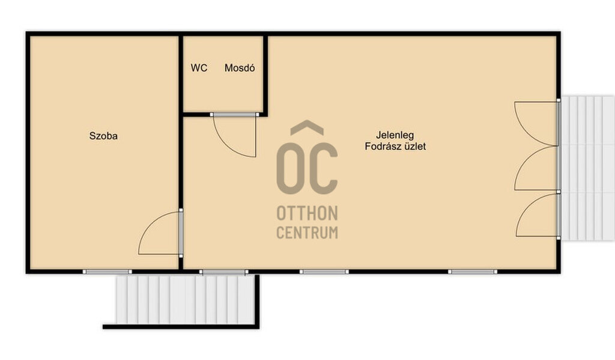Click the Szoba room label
[103, 136]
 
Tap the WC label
[199, 68]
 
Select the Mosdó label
[240, 68]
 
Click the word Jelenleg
[395, 135]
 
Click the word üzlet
[413, 147]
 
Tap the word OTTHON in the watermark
[307, 213]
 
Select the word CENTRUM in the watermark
[307, 233]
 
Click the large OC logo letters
[307, 168]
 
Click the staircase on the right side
[587, 168]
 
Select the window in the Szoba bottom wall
[108, 272]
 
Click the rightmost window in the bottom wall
[473, 272]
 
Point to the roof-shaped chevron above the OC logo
[307, 126]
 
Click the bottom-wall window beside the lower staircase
[223, 272]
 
